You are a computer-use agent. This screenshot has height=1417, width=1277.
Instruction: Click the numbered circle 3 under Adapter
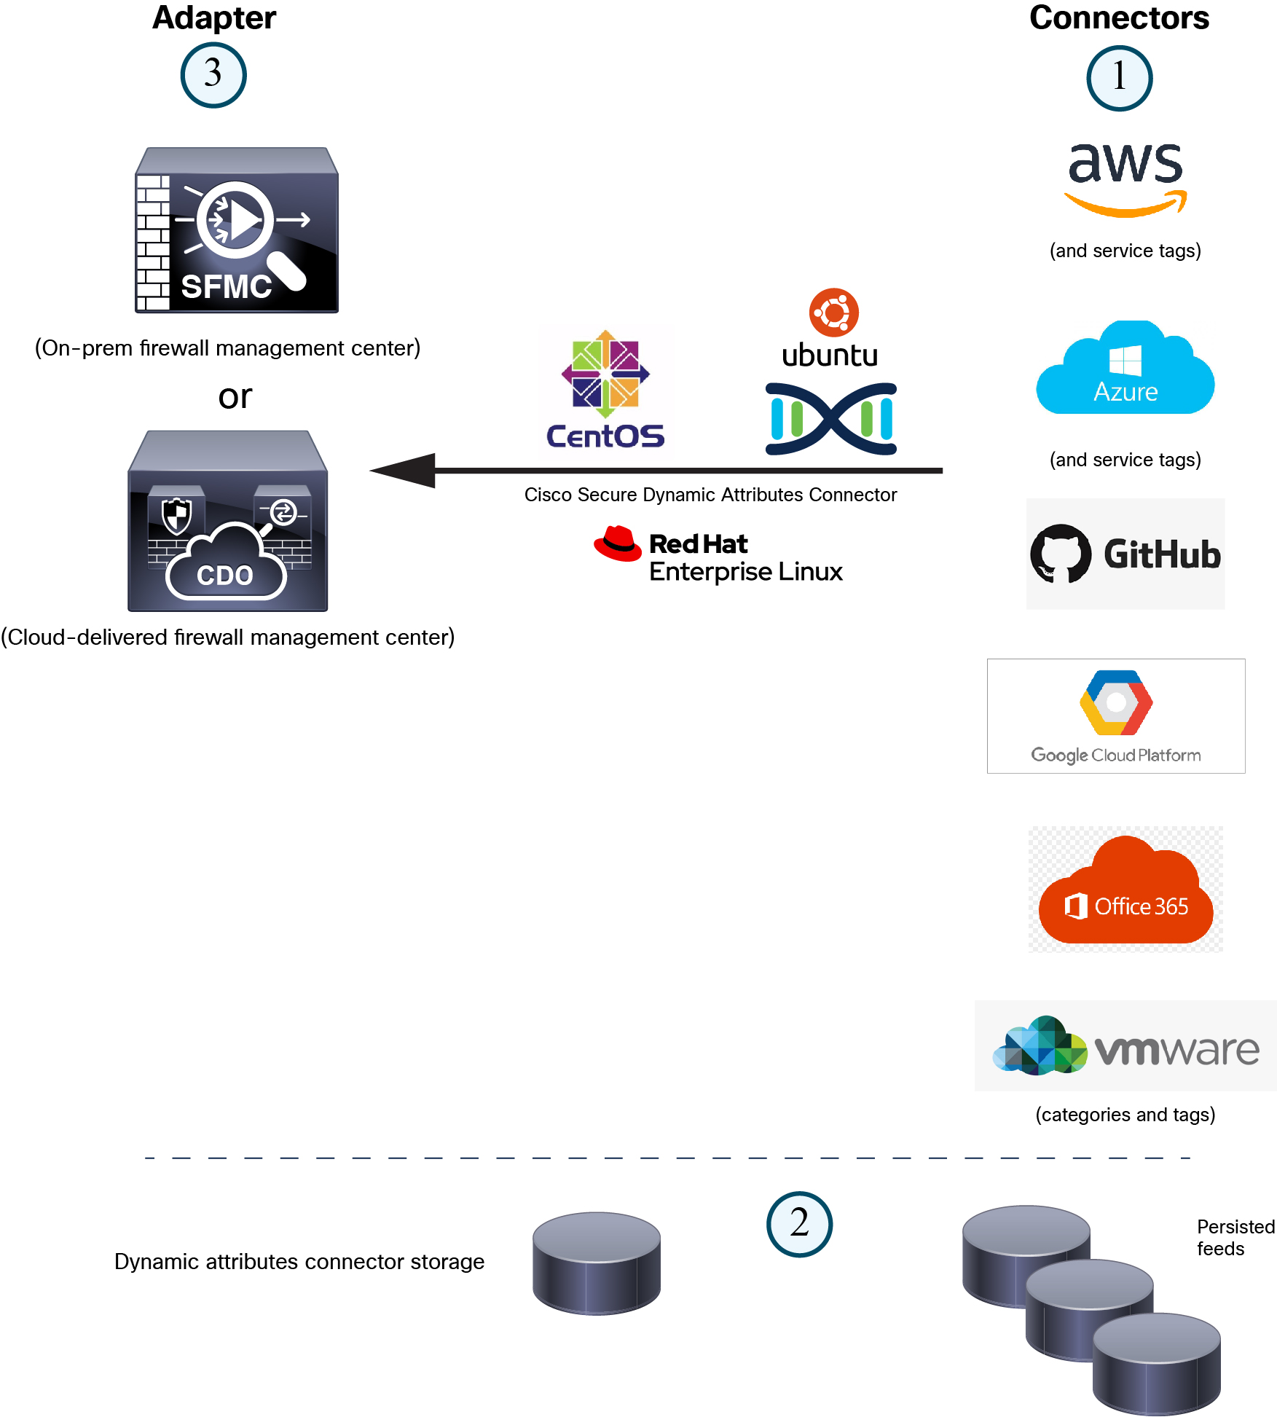[213, 75]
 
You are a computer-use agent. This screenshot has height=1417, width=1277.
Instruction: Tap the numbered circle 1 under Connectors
[1119, 78]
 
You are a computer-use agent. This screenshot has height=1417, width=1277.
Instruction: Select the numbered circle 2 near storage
[799, 1224]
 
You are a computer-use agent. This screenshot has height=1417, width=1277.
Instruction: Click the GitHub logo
[1125, 554]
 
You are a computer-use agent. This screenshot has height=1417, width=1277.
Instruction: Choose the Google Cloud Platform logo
[1115, 715]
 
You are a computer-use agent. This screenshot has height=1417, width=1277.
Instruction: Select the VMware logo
[1125, 1046]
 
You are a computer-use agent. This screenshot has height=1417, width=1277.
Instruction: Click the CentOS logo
[605, 390]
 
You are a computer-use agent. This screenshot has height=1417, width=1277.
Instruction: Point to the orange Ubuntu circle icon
[833, 313]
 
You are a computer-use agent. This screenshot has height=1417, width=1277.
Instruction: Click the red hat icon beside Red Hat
[618, 543]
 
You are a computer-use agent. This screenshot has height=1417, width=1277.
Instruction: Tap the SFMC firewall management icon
[236, 231]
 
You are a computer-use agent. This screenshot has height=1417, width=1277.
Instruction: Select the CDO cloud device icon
[227, 522]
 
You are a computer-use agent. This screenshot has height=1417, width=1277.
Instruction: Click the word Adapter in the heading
[213, 17]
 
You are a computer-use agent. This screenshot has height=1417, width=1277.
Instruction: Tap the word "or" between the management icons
[235, 396]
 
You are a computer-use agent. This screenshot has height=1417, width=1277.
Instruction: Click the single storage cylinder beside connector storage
[596, 1263]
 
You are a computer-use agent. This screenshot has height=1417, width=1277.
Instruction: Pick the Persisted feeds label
[1235, 1237]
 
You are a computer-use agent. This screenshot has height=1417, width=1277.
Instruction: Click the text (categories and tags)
[1125, 1115]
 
